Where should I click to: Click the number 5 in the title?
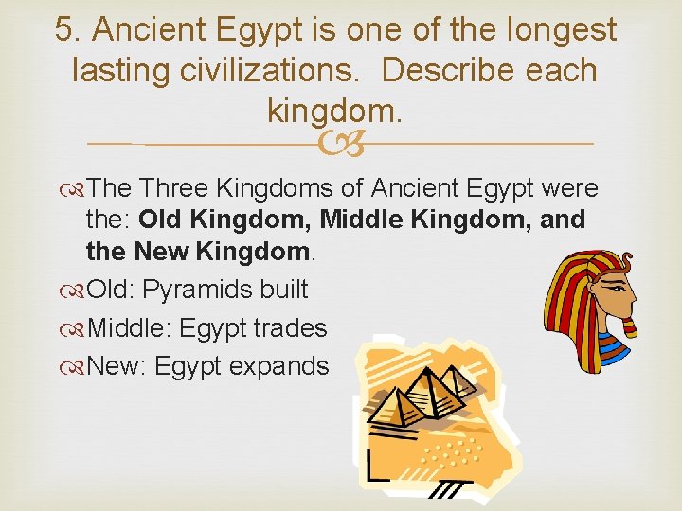point(63,29)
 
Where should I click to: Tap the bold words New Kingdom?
point(223,253)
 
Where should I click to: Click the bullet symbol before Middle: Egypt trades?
point(75,328)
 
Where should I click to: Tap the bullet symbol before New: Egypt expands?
point(75,366)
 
